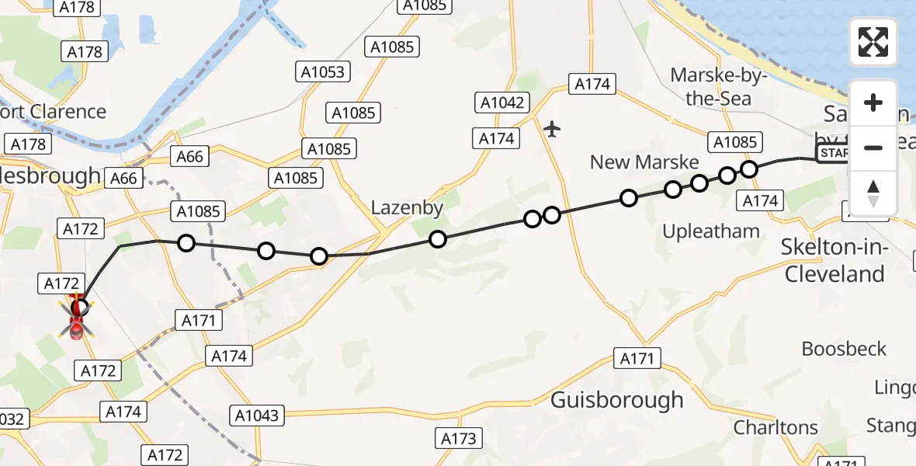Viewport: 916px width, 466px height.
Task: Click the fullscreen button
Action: coord(873,42)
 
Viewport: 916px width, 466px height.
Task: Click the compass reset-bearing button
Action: coord(873,193)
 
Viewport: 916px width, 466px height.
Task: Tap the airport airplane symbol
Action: coord(552,128)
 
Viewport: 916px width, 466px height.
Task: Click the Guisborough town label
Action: coord(616,400)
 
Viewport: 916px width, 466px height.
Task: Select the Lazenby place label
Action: coord(407,207)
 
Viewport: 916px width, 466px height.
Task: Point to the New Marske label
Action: coord(644,162)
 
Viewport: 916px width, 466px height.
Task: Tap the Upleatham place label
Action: coord(710,231)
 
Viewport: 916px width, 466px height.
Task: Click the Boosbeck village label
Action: coord(844,349)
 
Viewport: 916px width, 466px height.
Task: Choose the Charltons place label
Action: coord(775,427)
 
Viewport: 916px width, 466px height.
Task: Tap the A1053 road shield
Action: coord(324,72)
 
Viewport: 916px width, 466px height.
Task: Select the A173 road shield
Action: coord(458,439)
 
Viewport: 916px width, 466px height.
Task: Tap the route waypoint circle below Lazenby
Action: coord(438,239)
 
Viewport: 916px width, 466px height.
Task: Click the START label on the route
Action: coord(832,153)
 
